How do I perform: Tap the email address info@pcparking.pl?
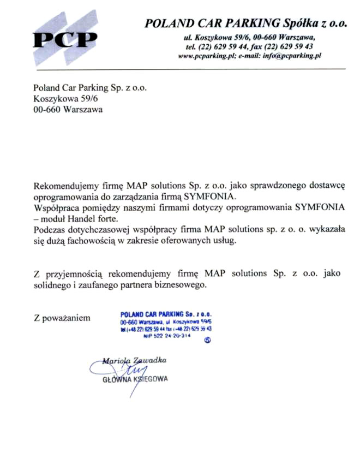point(292,56)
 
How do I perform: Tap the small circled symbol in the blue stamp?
point(207,340)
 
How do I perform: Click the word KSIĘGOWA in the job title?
point(148,379)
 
